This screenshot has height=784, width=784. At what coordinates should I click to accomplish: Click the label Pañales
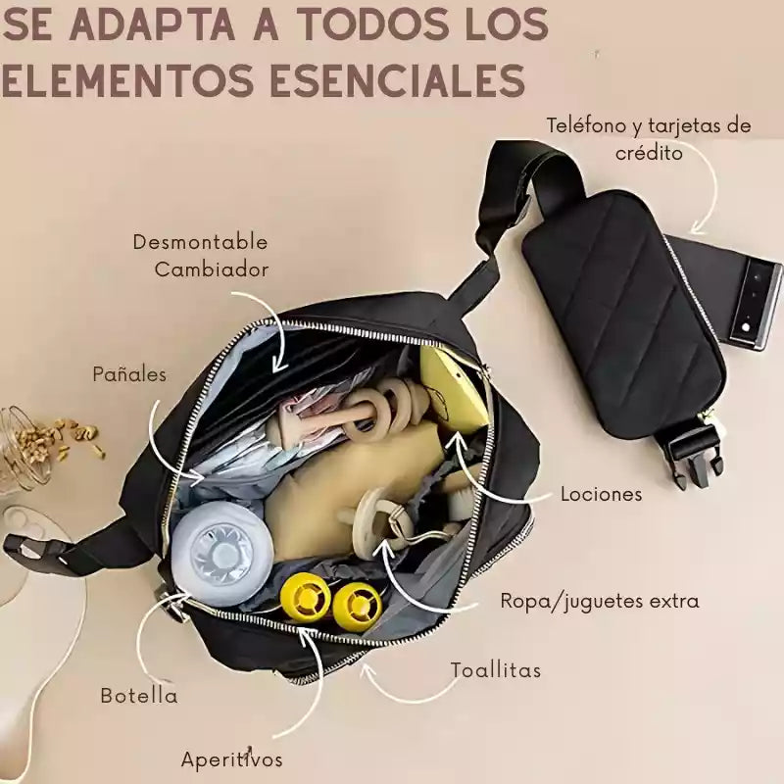[129, 374]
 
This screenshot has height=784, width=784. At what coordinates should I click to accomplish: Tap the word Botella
[139, 696]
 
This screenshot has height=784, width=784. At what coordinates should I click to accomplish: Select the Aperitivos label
[231, 759]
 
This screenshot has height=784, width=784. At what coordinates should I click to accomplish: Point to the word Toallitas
[496, 669]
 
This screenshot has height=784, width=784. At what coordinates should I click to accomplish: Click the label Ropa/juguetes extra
[600, 601]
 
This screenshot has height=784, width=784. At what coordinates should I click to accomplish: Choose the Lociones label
[601, 494]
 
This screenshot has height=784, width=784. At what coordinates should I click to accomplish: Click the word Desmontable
[200, 242]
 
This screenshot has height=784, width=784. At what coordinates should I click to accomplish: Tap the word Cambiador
[211, 269]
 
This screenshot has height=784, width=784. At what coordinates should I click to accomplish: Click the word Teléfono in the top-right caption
[586, 125]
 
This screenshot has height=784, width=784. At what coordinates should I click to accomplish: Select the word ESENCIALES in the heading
[398, 80]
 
